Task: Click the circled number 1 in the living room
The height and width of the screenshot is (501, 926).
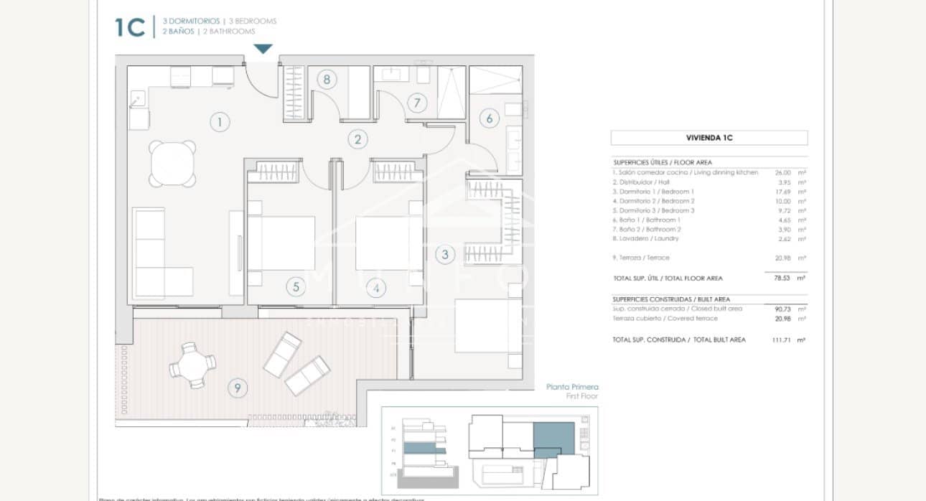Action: [x=220, y=122]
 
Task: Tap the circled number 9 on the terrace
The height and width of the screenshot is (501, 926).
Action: [x=237, y=388]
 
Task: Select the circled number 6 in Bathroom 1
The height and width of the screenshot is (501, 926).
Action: [x=490, y=118]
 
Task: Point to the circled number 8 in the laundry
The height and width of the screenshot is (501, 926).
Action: [x=327, y=79]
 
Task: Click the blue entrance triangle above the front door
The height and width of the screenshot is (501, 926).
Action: [x=263, y=49]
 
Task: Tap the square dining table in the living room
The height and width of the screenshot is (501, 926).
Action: [x=172, y=162]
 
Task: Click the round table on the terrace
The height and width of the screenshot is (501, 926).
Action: [x=192, y=365]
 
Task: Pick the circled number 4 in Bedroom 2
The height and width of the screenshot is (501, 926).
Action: [x=375, y=289]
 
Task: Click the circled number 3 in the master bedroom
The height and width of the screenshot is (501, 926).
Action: [x=445, y=254]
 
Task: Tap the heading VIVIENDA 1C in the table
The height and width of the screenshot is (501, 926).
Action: [x=708, y=138]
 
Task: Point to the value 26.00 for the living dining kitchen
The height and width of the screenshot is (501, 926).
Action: [x=782, y=173]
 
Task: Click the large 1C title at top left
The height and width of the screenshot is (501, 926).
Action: [x=130, y=27]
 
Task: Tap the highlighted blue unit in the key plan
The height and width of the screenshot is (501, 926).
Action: [x=553, y=438]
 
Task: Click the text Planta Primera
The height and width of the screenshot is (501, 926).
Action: [x=571, y=386]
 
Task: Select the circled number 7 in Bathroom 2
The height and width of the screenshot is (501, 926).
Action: [x=417, y=103]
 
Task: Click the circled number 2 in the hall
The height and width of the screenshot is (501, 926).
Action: [x=357, y=139]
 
